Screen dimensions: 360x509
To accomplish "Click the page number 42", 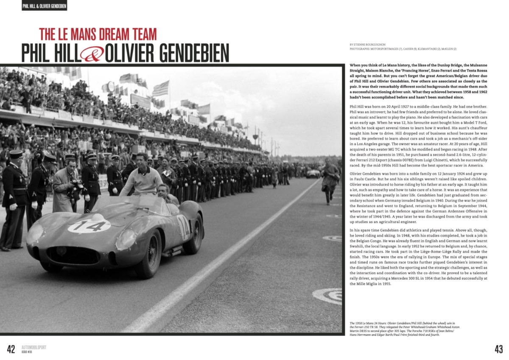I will [x=11, y=349].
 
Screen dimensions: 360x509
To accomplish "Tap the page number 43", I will [x=498, y=349].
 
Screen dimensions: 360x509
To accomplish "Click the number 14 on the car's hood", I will [x=89, y=225].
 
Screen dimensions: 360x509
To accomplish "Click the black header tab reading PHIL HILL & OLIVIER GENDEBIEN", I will [x=45, y=6].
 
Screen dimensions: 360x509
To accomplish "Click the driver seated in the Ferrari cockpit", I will [x=163, y=193].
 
